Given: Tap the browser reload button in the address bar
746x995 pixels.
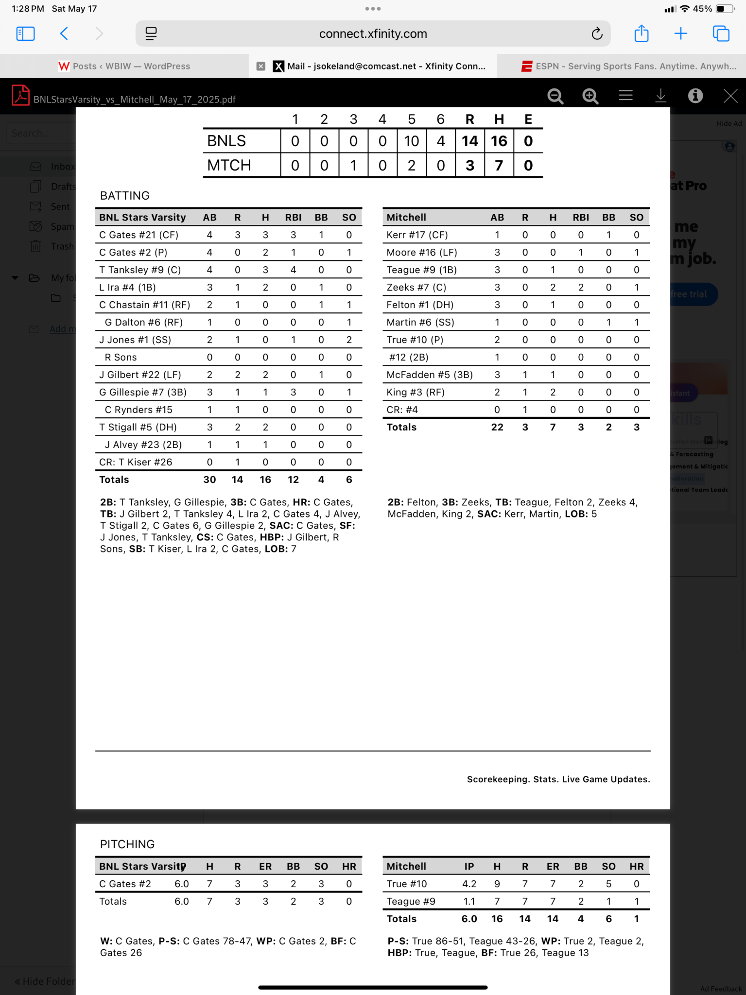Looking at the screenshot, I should pos(597,34).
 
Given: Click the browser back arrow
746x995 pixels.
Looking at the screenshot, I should pos(64,34).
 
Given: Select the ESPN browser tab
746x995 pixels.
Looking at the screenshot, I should pos(629,66).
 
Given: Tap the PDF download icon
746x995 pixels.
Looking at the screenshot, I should pos(660,96).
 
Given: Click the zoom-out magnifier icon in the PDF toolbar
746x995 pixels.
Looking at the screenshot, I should pos(555,96).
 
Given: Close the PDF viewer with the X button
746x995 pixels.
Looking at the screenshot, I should pos(730,96).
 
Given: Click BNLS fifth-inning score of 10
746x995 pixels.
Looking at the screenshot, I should pos(411,141).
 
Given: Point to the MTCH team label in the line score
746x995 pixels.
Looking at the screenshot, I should pos(229,166).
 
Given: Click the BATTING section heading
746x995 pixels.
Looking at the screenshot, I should pos(125,196).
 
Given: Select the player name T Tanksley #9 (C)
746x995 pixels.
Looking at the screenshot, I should pos(140,270).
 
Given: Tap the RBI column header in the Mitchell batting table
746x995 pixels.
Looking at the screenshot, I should pos(581,218).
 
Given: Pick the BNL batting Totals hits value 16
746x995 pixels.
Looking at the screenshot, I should pos(265,480).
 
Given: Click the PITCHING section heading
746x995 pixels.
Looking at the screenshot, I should pos(127,844).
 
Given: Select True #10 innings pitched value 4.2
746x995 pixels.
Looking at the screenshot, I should pos(469,884).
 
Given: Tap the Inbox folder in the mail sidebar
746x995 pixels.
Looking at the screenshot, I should pos(62,167).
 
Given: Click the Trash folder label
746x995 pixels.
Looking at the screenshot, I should pos(62,246).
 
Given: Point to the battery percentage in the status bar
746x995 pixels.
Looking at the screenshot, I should pos(702,9).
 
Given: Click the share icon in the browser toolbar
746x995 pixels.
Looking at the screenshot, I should pos(642,34).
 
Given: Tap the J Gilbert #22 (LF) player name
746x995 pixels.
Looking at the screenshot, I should pos(140,375).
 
